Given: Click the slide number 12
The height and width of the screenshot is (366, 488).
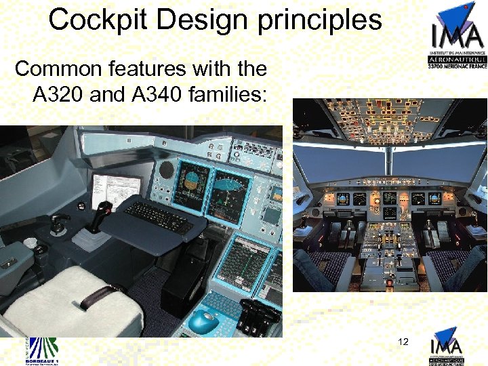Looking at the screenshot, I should (x=403, y=342).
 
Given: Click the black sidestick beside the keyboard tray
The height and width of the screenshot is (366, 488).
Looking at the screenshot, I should (x=102, y=213).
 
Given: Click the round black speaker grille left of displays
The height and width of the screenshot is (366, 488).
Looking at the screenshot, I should (x=166, y=171).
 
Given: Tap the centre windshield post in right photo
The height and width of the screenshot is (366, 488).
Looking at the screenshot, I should (x=389, y=163).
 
